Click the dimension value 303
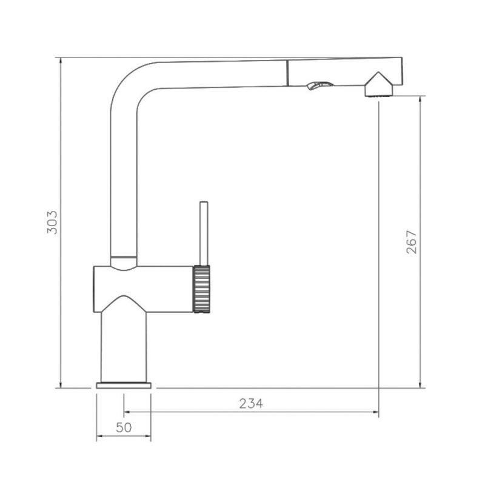(52, 222)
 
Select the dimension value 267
(412, 242)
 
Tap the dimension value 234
(251, 404)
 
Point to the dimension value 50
(124, 427)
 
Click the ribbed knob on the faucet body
(202, 289)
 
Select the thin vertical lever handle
(204, 233)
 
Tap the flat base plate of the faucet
(124, 386)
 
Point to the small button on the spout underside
(319, 85)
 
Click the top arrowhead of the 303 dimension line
(60, 61)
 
